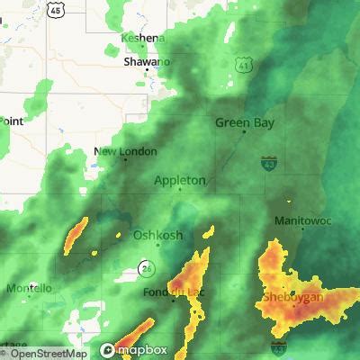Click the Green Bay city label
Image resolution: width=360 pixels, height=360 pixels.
tap(245, 122)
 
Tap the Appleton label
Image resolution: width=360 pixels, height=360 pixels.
tap(180, 180)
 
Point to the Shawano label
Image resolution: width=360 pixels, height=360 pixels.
tap(147, 62)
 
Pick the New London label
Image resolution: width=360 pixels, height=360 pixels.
tap(126, 151)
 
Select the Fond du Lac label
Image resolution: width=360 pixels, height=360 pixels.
tap(175, 293)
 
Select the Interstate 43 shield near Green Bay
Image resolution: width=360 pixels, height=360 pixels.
tap(268, 164)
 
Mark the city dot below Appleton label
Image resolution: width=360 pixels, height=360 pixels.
tap(179, 190)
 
